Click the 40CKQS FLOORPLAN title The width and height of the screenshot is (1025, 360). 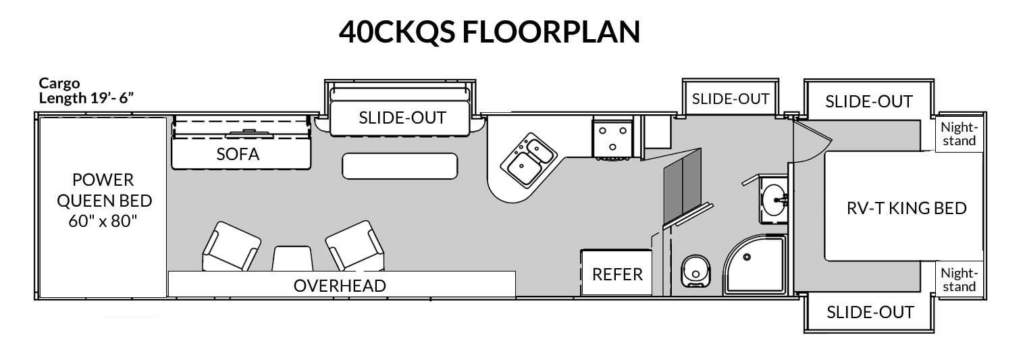click(489, 32)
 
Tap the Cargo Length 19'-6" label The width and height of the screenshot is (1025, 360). click(86, 91)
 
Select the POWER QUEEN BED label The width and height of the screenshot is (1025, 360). click(103, 201)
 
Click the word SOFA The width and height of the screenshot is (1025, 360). click(238, 154)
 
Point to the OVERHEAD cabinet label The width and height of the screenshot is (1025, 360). click(340, 286)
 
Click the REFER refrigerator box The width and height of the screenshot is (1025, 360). click(616, 273)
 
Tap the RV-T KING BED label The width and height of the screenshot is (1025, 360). click(906, 208)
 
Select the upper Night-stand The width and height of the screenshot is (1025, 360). click(959, 134)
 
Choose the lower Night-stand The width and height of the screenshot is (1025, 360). click(959, 280)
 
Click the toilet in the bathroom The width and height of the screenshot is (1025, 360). click(695, 271)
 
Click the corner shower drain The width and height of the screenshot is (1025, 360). click(747, 257)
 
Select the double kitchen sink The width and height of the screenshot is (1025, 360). click(529, 159)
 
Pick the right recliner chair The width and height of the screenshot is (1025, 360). click(354, 246)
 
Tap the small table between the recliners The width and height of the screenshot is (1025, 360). click(293, 259)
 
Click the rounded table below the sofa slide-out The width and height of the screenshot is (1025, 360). click(400, 165)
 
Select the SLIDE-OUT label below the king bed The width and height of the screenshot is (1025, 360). click(870, 312)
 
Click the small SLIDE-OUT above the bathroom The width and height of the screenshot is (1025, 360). click(731, 99)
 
